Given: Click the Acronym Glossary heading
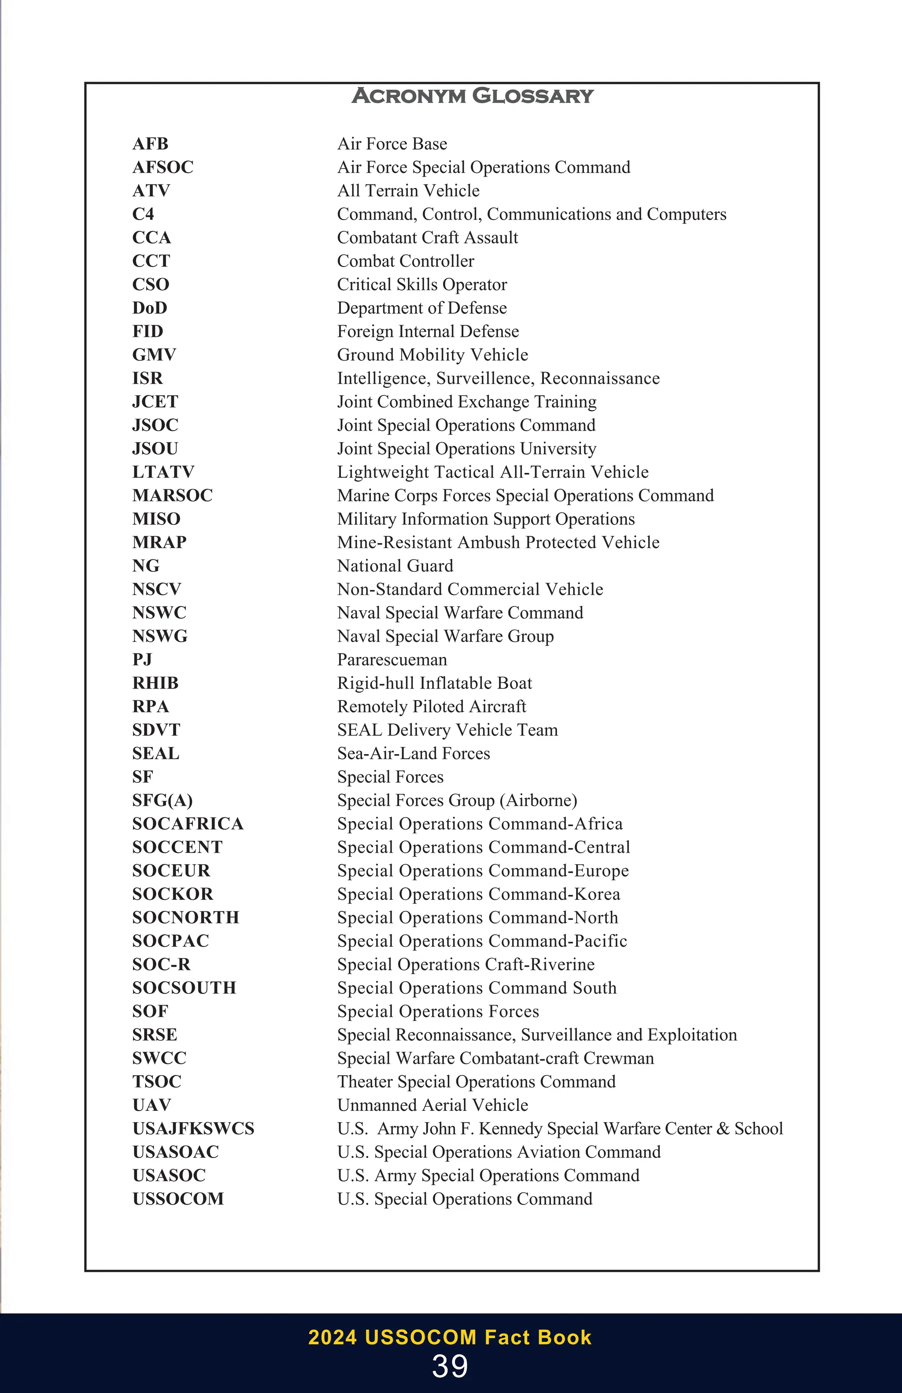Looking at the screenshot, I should [473, 96].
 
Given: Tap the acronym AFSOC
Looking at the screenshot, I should [163, 167].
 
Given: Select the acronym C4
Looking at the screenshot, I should [143, 214].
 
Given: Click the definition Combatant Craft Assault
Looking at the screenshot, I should [427, 238].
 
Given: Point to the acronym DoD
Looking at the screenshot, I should [150, 308].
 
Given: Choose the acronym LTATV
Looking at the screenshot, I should [163, 472].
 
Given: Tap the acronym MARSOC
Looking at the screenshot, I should [173, 495].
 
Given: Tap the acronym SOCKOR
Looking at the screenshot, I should [173, 894].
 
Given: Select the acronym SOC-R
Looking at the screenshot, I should [161, 964].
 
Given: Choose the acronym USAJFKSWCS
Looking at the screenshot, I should [193, 1128].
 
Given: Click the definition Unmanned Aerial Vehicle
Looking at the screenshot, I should [433, 1105].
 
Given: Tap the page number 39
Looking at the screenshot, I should [450, 1367].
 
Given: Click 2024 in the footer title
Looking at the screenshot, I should [332, 1338].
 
